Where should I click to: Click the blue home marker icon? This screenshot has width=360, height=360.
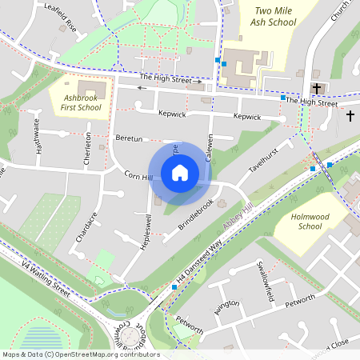[180, 173]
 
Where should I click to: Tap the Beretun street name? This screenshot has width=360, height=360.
[129, 138]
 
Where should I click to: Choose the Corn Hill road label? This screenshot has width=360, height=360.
[138, 175]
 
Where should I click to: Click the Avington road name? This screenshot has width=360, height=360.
[226, 306]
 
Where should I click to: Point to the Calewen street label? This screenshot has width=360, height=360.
[210, 148]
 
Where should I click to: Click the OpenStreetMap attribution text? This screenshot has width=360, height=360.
[80, 354]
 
